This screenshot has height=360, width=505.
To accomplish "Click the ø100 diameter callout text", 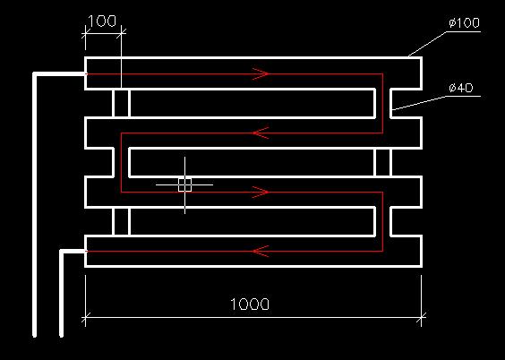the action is click(x=464, y=23).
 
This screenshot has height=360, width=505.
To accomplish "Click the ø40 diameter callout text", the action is click(x=461, y=88).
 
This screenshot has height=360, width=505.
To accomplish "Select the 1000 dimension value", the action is click(x=250, y=304).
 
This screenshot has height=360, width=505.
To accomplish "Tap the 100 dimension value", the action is click(x=101, y=21).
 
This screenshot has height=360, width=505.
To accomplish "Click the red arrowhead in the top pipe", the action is click(x=261, y=74).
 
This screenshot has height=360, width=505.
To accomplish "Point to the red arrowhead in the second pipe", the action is click(x=261, y=133).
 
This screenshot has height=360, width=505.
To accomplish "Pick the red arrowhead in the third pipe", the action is click(x=261, y=193).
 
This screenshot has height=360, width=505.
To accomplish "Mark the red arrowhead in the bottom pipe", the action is click(x=261, y=251).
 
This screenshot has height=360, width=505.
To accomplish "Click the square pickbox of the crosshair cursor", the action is click(x=184, y=184).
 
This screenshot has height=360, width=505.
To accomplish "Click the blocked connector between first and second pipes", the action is click(x=122, y=103).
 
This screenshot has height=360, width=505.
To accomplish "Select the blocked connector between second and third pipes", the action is click(x=383, y=162).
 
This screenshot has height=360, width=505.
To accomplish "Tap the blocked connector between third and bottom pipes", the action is click(x=122, y=221).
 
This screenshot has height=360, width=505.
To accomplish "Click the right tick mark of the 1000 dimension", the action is click(x=421, y=318).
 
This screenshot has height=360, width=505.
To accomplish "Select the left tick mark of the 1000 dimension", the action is click(x=85, y=318).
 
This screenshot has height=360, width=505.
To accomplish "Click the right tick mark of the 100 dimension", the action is click(x=121, y=32).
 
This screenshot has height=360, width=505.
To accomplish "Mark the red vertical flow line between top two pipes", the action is click(x=382, y=104).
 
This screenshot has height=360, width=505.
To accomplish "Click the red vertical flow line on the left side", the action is click(x=121, y=163).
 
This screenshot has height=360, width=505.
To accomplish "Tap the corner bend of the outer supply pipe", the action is click(x=34, y=74).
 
